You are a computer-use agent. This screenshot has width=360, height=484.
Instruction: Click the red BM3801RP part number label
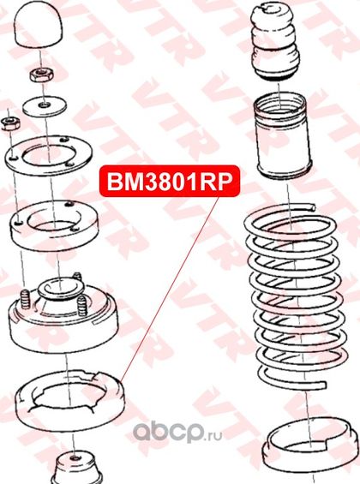[170, 182]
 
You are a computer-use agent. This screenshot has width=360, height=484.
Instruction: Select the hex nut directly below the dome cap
[42, 75]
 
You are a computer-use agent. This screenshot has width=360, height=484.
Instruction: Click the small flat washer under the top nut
[45, 106]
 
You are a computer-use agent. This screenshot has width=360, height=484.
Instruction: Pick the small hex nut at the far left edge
[10, 123]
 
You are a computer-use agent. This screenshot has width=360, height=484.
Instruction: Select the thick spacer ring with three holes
[54, 225]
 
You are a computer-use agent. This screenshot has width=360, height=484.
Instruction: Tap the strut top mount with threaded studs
[63, 315]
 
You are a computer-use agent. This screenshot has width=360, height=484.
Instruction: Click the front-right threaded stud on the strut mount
[82, 306]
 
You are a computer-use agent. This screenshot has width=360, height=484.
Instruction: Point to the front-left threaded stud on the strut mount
[25, 298]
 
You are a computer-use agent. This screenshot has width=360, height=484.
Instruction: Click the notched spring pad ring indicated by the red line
[69, 401]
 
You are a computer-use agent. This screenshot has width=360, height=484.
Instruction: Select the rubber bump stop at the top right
[275, 42]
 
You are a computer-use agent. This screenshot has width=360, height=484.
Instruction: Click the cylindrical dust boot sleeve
[283, 137]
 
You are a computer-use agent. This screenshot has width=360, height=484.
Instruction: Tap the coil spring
[295, 296]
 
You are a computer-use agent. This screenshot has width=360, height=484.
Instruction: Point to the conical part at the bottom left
[76, 468]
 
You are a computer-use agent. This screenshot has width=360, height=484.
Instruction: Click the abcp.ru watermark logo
[177, 433]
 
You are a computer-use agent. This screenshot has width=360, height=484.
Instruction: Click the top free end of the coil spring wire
[313, 206]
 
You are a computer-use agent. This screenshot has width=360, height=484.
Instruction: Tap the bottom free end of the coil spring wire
[324, 385]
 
